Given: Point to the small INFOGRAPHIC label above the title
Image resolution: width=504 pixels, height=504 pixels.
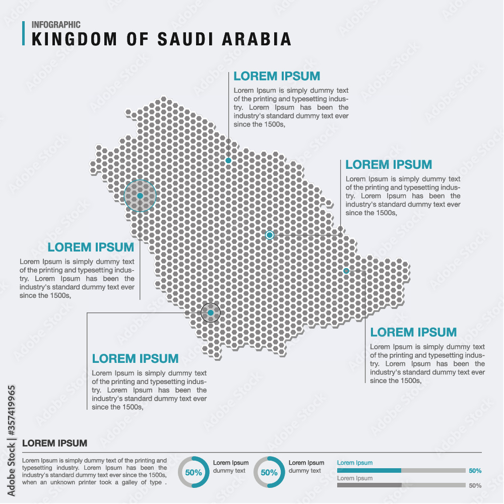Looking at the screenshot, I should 56,24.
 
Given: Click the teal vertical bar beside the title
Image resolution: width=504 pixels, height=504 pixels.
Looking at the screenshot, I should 24,33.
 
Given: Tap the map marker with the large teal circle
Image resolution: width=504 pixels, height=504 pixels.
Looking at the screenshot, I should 140,196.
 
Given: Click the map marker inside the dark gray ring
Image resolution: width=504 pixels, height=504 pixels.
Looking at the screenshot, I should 211,313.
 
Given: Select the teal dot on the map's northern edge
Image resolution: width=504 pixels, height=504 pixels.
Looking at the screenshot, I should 228,160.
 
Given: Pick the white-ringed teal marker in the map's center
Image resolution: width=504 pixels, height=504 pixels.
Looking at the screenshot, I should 270,235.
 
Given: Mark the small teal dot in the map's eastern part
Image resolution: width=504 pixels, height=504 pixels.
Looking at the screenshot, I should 346,271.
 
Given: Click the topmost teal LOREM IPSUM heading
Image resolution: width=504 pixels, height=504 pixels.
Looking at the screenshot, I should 277,76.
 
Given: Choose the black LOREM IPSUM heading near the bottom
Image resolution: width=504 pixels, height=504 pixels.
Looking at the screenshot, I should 54,444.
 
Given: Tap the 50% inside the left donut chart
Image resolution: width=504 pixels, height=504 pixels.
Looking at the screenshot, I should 194,473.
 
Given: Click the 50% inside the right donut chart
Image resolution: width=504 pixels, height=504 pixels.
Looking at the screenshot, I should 269,473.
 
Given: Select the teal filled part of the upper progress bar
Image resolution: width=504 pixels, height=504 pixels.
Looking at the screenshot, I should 369,470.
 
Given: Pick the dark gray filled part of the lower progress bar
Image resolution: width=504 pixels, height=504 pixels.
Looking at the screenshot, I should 369,485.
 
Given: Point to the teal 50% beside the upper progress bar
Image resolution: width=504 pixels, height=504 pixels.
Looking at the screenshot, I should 475,471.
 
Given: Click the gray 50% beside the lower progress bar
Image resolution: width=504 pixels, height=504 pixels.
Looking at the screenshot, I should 475,486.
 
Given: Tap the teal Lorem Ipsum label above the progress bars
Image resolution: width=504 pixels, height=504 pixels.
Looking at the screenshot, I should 355,463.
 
